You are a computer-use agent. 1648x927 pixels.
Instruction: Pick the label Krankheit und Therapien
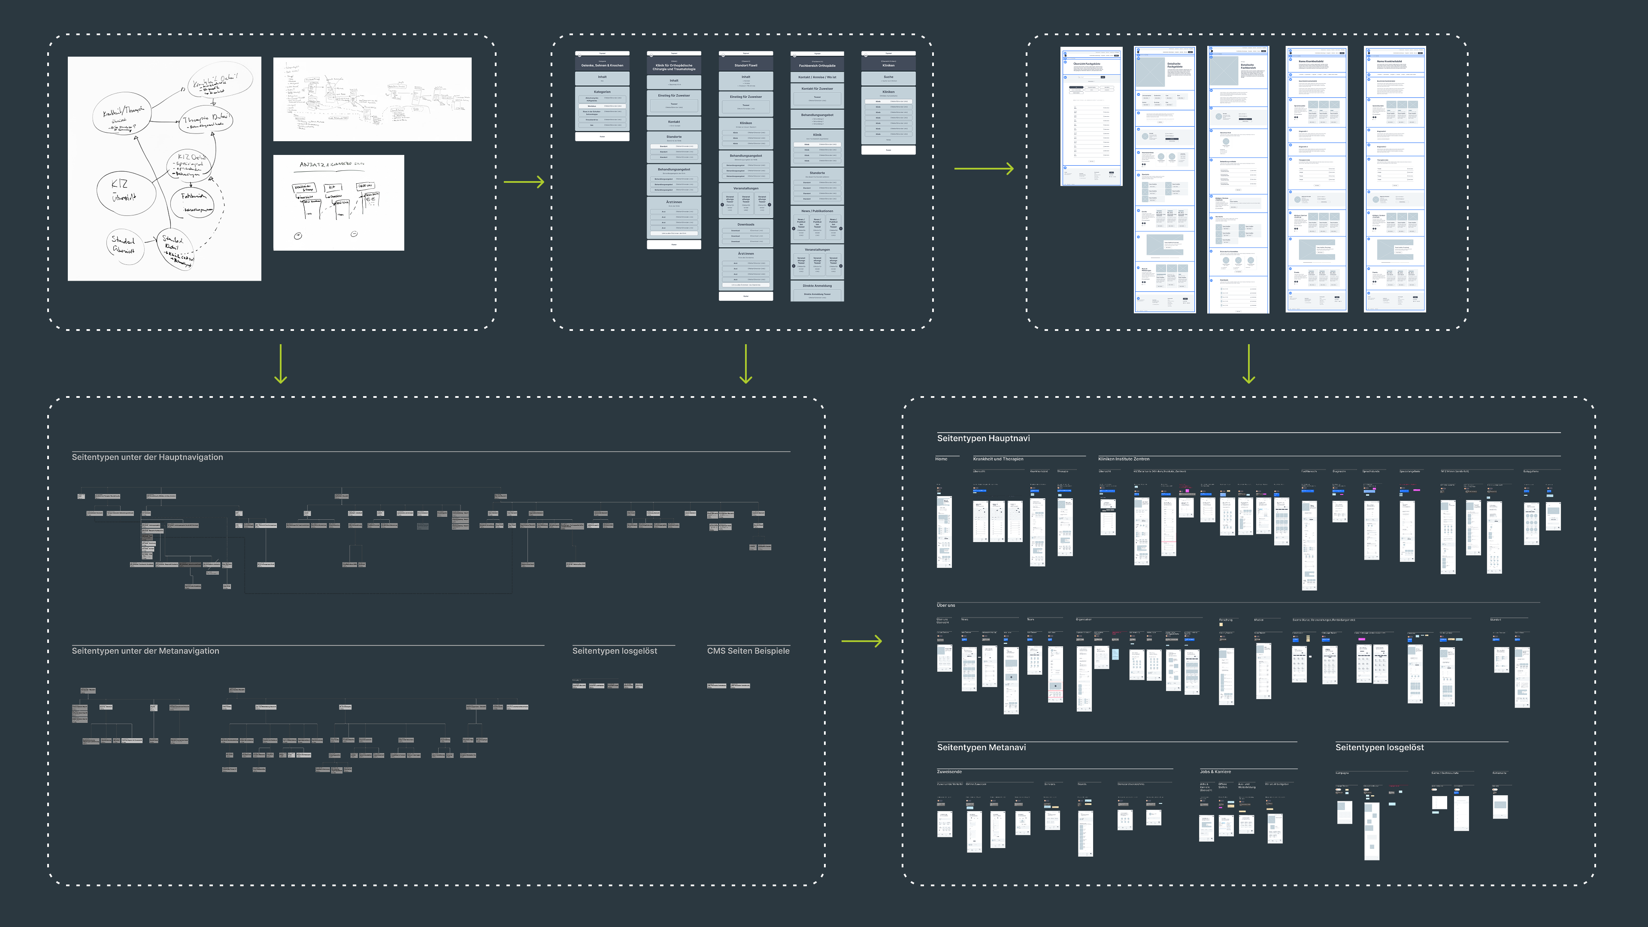click(998, 459)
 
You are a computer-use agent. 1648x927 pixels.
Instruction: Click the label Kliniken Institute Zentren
click(1124, 459)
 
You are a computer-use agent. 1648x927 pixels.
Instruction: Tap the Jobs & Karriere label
click(1215, 772)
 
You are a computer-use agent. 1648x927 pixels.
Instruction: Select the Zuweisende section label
click(949, 772)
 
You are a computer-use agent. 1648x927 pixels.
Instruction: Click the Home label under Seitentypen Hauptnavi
click(941, 459)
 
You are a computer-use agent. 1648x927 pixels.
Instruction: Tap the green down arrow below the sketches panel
click(280, 364)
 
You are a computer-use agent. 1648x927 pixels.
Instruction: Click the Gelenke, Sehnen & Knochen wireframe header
click(602, 65)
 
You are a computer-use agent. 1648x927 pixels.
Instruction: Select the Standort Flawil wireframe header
click(745, 65)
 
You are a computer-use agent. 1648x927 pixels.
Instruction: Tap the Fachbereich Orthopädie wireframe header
click(817, 65)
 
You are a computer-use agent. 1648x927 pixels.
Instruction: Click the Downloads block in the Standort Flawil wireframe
click(745, 224)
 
